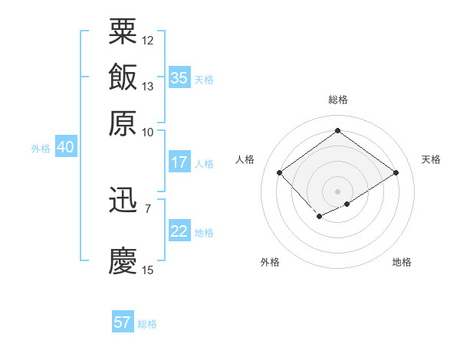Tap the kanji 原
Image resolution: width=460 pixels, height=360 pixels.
point(123,123)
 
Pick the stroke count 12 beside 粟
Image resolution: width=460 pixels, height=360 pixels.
point(148,40)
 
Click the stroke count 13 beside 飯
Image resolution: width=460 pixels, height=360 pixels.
point(148,86)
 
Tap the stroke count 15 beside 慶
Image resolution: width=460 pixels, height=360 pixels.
point(148,270)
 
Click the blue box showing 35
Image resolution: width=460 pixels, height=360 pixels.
point(179,78)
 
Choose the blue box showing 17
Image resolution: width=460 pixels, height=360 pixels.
point(179,162)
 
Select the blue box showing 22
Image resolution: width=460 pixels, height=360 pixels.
point(179,231)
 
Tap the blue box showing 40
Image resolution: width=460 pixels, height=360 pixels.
point(65,148)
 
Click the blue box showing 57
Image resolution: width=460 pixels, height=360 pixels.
point(123,322)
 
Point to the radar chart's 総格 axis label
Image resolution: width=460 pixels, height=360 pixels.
point(337,100)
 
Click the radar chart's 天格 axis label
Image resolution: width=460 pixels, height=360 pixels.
point(431,159)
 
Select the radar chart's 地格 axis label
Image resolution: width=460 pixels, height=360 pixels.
point(402,262)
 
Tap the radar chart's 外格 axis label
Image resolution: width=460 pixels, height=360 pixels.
point(270,262)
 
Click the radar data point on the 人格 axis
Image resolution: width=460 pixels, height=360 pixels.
point(279,173)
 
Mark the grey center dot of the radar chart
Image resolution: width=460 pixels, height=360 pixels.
point(337,191)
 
